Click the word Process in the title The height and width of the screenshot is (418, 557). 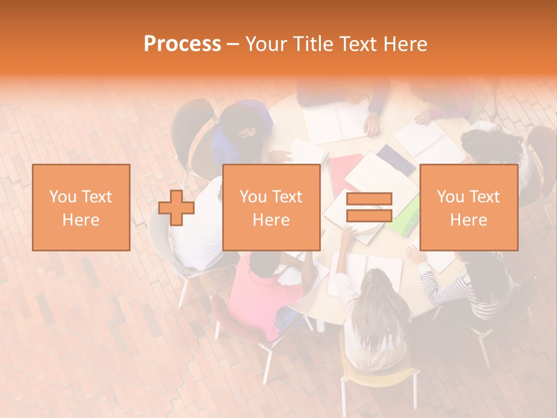click(182, 44)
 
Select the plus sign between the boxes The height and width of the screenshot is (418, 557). click(176, 208)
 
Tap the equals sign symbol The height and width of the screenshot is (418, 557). click(369, 207)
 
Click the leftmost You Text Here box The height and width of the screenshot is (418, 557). click(81, 207)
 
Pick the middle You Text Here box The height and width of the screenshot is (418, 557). click(271, 207)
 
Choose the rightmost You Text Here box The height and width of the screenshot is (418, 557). click(468, 207)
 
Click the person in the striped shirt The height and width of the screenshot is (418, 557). click(476, 284)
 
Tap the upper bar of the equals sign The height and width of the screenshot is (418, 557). click(369, 199)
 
